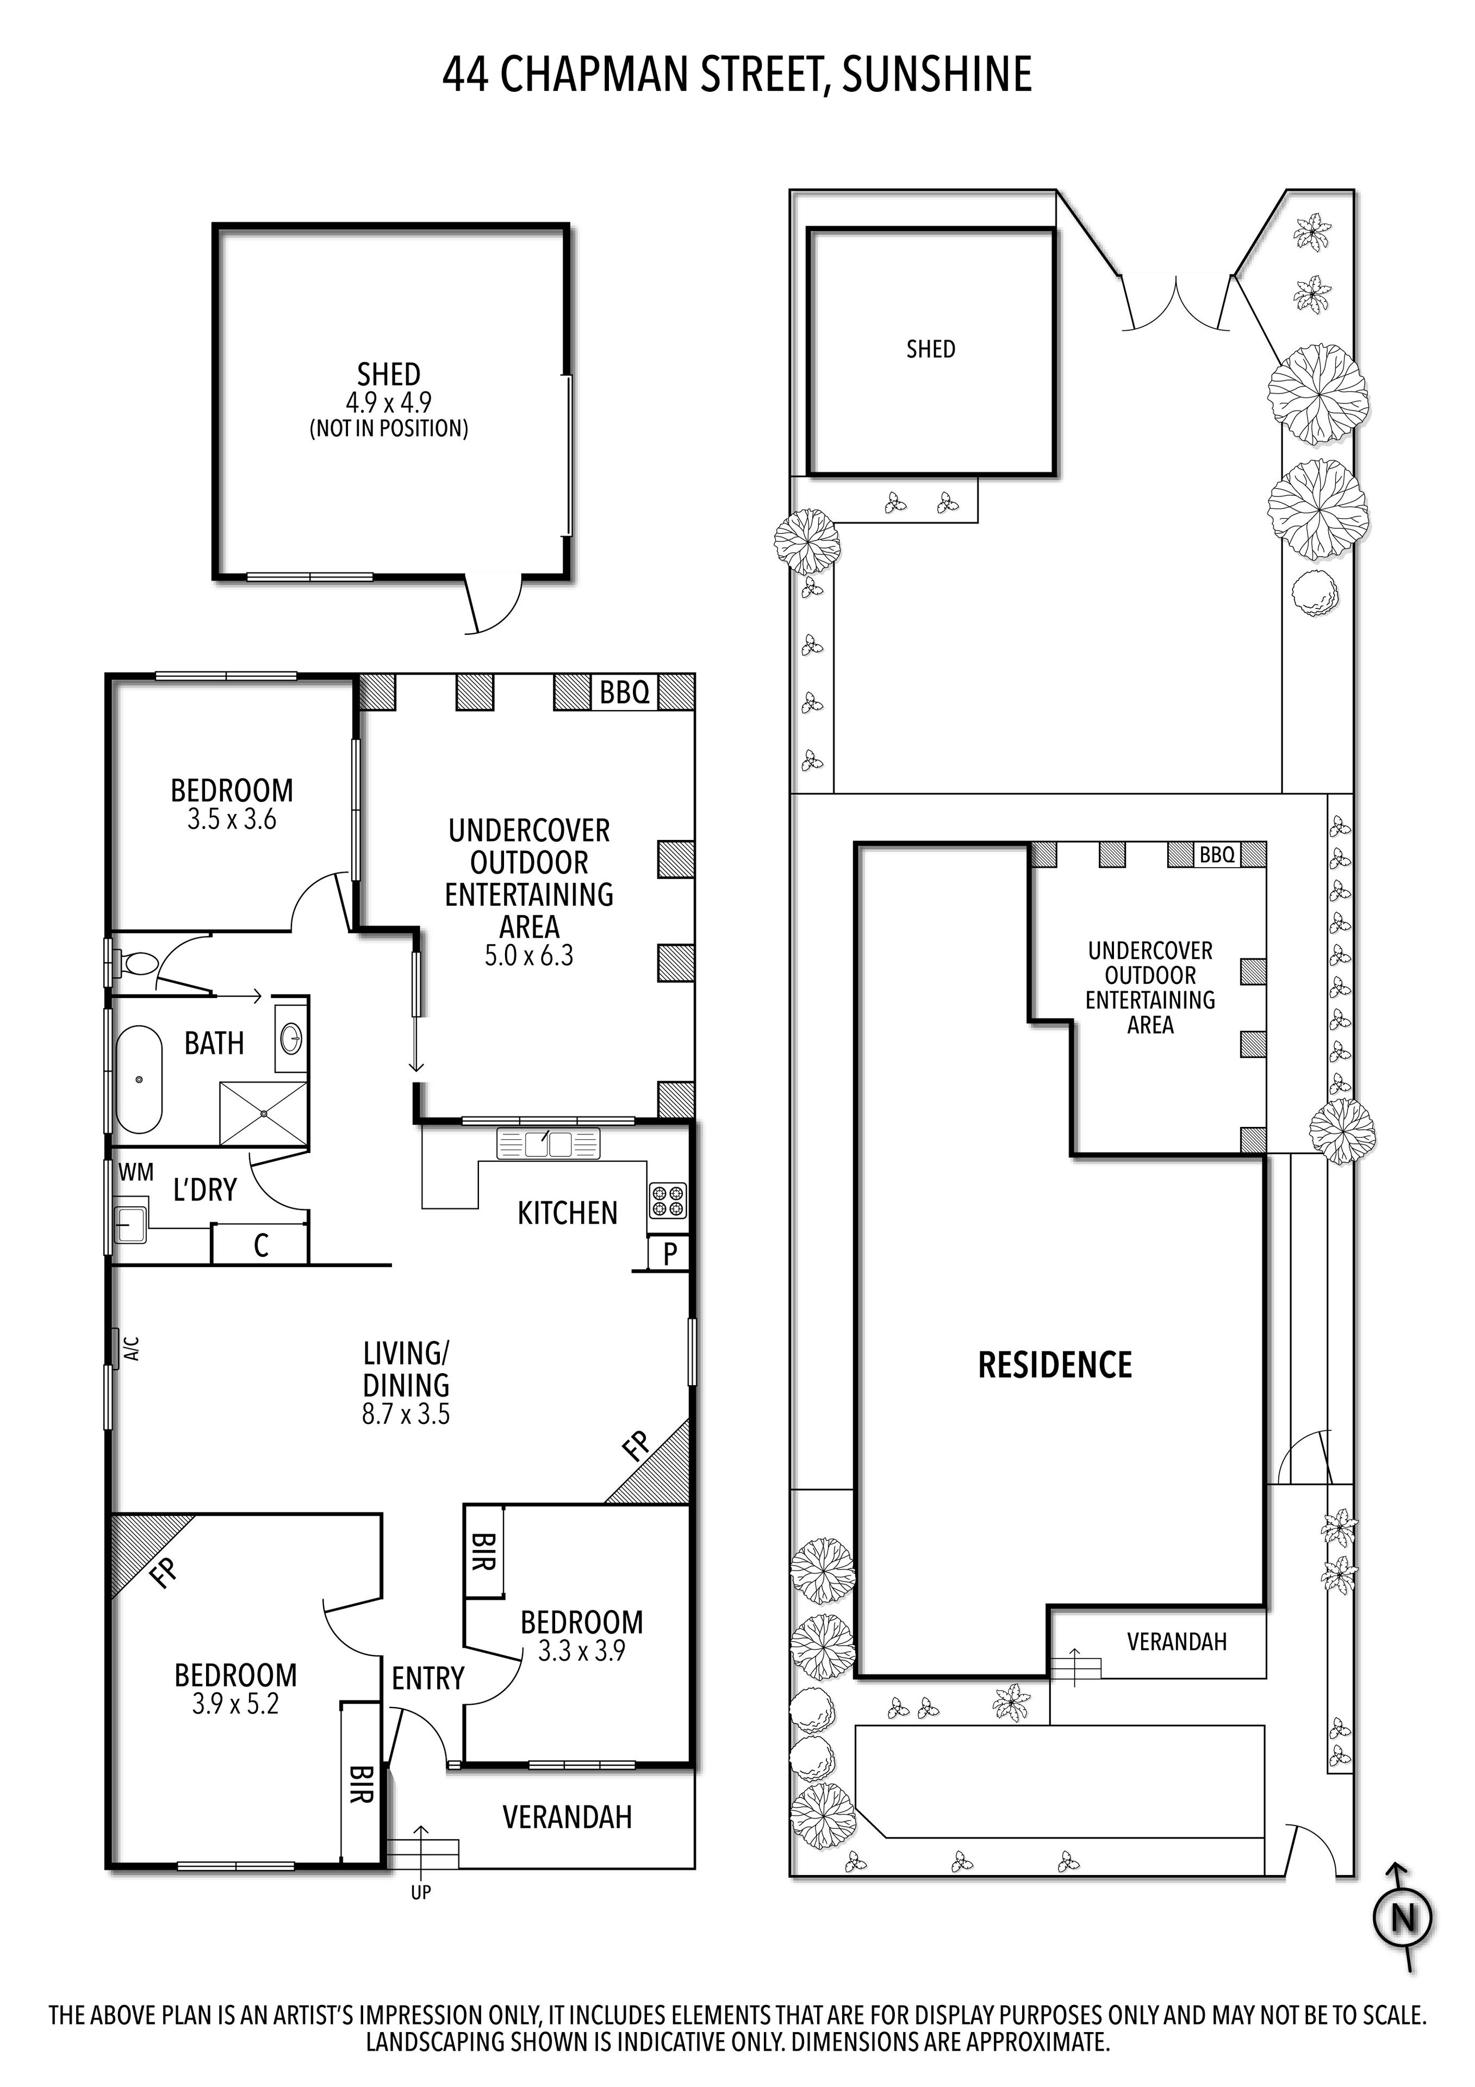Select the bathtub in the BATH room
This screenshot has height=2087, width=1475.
tap(138, 1079)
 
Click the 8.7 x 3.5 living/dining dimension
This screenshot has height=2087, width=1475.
tap(406, 1415)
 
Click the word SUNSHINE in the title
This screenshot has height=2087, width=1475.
tap(936, 74)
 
